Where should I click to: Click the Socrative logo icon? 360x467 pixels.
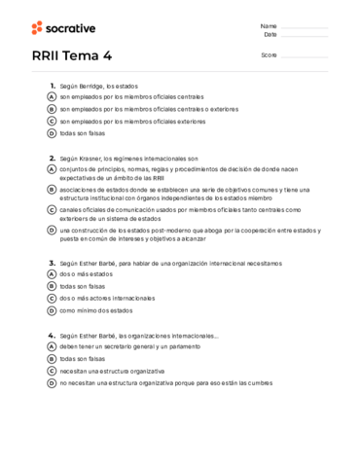[37, 27]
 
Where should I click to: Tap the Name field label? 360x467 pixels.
[269, 25]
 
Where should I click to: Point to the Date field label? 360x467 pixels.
[270, 34]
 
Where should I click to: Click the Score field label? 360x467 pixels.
[269, 55]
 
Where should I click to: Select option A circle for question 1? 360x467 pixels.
[52, 97]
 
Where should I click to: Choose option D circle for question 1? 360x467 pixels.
[52, 133]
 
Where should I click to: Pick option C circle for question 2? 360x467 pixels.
[52, 210]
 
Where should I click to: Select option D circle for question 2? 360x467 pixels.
[52, 231]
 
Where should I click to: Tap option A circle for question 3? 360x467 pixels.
[52, 274]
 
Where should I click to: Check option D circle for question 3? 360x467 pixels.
[52, 310]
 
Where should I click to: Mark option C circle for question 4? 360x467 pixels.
[52, 371]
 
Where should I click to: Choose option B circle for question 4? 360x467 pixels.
[52, 358]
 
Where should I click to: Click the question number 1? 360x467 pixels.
[52, 86]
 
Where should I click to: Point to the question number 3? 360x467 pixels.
[52, 263]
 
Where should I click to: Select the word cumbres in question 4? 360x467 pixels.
[258, 383]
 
